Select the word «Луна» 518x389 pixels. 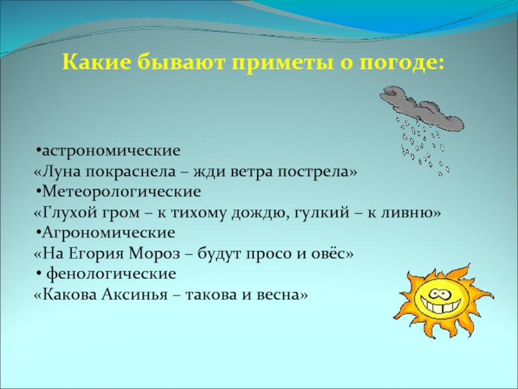(x=59, y=172)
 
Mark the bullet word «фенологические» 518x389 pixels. (x=106, y=273)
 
